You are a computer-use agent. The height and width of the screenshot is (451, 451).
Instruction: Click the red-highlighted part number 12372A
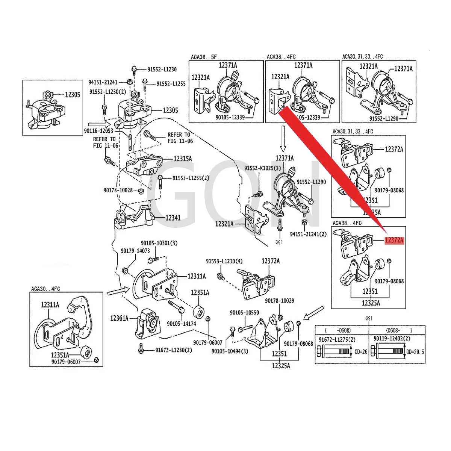coord(393,241)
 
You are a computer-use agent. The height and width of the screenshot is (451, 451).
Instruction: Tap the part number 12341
coord(173,218)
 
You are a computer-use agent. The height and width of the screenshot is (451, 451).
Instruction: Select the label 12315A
coord(183,159)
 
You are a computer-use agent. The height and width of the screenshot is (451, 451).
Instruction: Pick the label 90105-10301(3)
coord(159,243)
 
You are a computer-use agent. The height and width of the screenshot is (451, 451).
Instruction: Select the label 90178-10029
coord(279,301)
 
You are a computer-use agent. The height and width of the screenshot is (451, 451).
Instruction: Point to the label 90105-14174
coord(182,324)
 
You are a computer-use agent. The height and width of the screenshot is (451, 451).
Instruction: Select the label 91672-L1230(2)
coord(174,350)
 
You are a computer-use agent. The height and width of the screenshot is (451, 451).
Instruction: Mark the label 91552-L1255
coord(171,84)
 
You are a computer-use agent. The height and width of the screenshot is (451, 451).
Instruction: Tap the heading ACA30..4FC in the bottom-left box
coord(45,289)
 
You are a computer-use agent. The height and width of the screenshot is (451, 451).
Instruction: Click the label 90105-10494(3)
coord(230,351)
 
